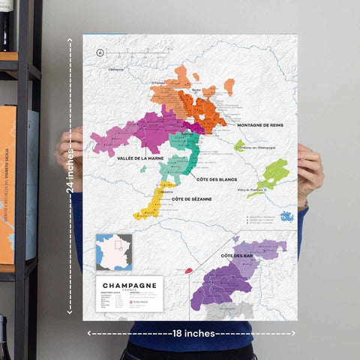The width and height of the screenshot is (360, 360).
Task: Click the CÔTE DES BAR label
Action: coord(236,256)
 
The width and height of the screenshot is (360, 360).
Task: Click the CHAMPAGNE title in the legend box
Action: coord(128,286)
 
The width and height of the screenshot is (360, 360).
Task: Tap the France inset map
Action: coord(114,253)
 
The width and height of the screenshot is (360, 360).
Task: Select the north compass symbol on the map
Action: coord(100,52)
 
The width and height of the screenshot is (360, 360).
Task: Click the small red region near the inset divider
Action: coord(188,271)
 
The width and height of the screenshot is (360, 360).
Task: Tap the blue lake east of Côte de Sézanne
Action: coord(286,217)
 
